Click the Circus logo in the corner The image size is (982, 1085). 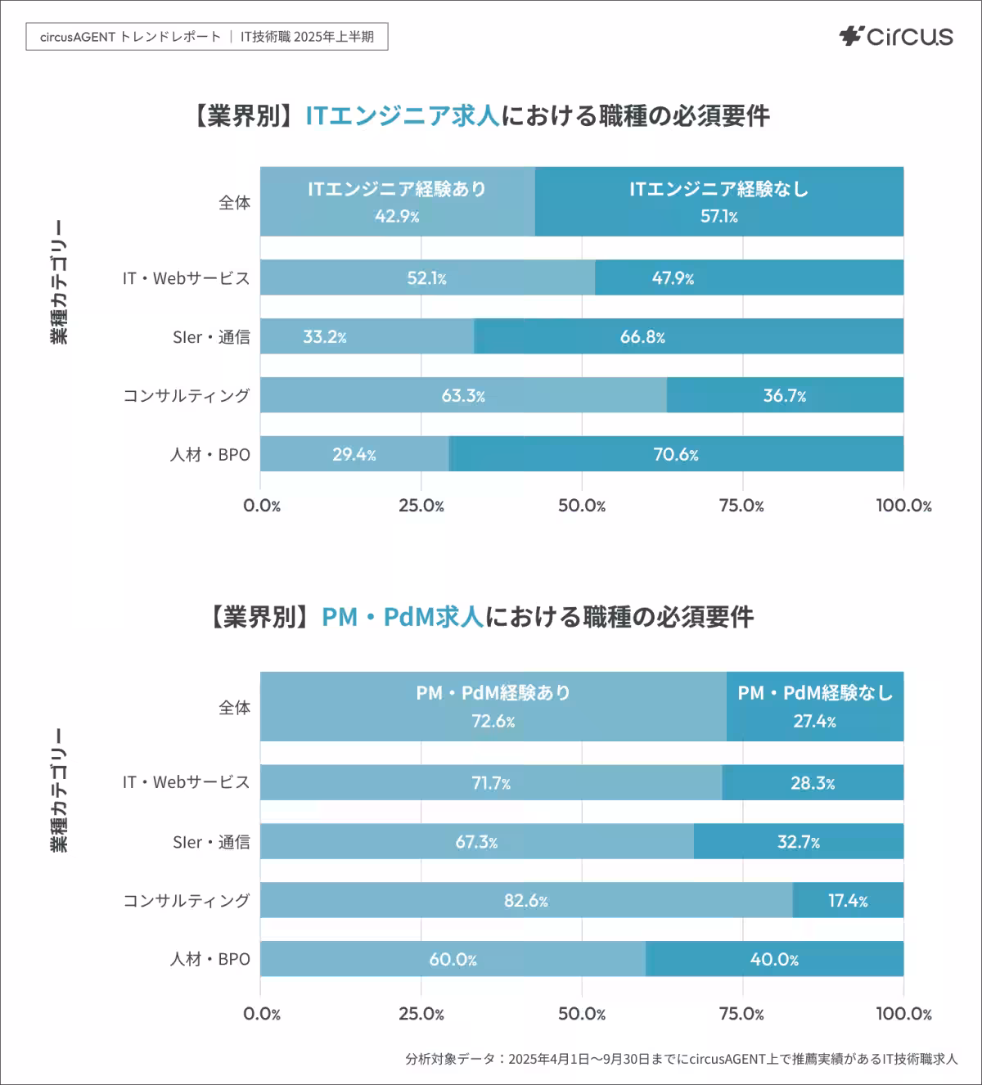(896, 37)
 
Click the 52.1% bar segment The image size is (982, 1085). (427, 278)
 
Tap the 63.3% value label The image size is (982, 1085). (463, 396)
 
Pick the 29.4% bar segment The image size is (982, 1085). (354, 454)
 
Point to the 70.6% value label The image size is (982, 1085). (675, 455)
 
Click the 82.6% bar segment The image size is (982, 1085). (526, 900)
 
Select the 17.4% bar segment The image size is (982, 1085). (848, 900)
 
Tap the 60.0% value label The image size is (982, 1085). (453, 959)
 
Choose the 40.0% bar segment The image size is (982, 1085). (774, 959)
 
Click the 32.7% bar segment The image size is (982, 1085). (798, 841)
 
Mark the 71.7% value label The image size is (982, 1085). (491, 783)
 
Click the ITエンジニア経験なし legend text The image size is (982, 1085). (718, 189)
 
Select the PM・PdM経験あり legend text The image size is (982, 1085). (493, 693)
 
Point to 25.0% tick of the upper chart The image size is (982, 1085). (421, 506)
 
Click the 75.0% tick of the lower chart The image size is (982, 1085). (741, 1015)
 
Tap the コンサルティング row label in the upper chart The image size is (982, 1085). (187, 396)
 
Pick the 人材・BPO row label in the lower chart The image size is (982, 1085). (209, 959)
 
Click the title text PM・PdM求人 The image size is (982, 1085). (403, 616)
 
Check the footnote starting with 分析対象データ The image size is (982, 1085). (681, 1059)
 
